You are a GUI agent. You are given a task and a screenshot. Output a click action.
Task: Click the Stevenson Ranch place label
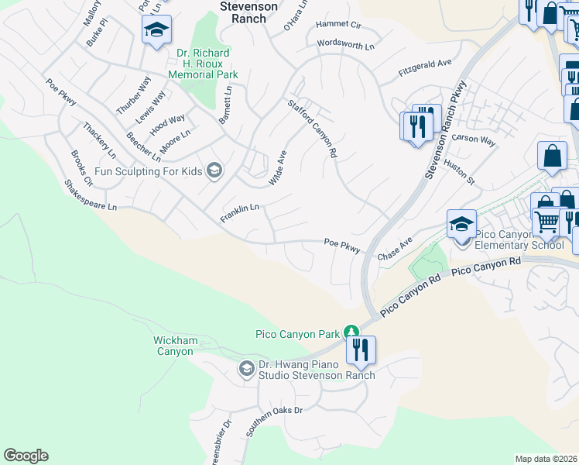[248, 12]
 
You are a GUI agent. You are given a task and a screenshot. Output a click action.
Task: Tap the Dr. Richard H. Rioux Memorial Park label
[204, 64]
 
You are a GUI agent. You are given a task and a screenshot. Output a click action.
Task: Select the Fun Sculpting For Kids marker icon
[215, 171]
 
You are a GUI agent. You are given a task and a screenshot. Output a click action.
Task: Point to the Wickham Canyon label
[175, 346]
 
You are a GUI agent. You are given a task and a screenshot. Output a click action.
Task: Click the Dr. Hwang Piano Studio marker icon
[247, 368]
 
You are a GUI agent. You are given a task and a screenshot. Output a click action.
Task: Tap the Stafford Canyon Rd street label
[313, 129]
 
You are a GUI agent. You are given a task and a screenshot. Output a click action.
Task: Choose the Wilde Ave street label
[277, 167]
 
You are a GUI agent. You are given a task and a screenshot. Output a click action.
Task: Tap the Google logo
[26, 456]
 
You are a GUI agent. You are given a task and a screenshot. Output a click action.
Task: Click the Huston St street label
[459, 172]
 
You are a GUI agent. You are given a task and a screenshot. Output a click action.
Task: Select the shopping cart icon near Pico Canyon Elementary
[547, 223]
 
